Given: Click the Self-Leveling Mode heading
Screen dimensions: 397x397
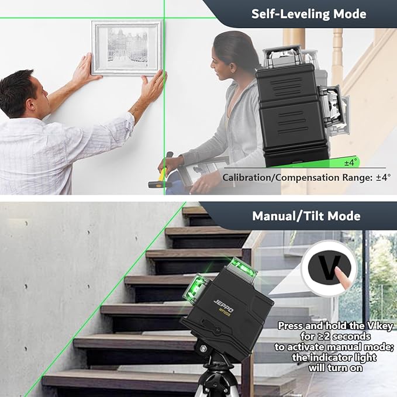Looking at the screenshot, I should coord(309,14).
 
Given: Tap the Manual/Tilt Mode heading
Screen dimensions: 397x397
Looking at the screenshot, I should coord(306,216).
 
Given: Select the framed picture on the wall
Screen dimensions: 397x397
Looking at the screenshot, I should coord(126,47).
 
